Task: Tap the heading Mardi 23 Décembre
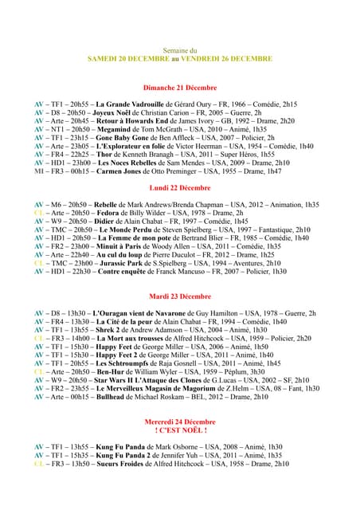(179, 296)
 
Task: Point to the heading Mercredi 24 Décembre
(179, 421)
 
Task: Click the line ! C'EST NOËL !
(179, 430)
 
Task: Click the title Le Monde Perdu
(127, 229)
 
